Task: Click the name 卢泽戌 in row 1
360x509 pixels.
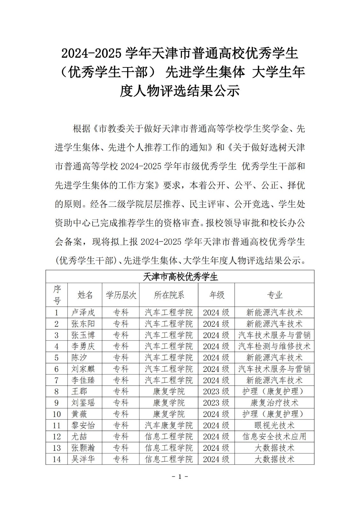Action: point(83,312)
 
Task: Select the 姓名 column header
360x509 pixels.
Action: point(85,295)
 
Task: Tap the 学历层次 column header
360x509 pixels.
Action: point(121,295)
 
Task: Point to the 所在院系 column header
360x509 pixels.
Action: point(169,295)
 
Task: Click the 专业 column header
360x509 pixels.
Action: point(274,295)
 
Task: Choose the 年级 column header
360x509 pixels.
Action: point(216,295)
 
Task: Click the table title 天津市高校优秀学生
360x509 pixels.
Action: point(180,277)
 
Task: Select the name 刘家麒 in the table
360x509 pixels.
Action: point(83,369)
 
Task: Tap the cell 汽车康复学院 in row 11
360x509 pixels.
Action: point(169,425)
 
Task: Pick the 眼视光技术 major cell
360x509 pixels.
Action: point(274,425)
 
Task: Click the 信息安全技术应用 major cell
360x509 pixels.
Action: point(274,436)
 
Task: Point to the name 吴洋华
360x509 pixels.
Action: point(83,459)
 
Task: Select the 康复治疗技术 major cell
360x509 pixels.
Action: point(274,403)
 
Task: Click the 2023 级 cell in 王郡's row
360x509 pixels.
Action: point(216,391)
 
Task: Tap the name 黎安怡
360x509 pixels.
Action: point(83,425)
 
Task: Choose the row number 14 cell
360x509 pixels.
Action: point(57,459)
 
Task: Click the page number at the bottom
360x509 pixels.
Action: point(180,477)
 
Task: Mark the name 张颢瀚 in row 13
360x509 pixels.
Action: point(83,448)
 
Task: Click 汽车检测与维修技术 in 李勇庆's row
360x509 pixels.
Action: point(274,346)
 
